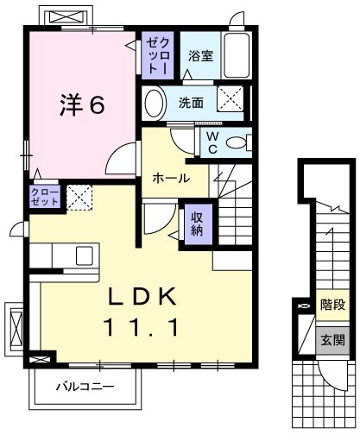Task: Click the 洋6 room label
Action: point(82,104)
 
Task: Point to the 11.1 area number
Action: point(142,327)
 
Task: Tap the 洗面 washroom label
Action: point(192,103)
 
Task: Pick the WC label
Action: point(210,142)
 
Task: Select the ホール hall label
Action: point(171,178)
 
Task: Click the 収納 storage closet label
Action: point(196,224)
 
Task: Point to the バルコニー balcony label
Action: point(85,386)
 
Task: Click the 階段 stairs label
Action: point(332,304)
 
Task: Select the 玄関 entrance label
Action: point(332,339)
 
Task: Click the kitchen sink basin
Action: point(85,255)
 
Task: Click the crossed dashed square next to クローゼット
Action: point(79,198)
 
